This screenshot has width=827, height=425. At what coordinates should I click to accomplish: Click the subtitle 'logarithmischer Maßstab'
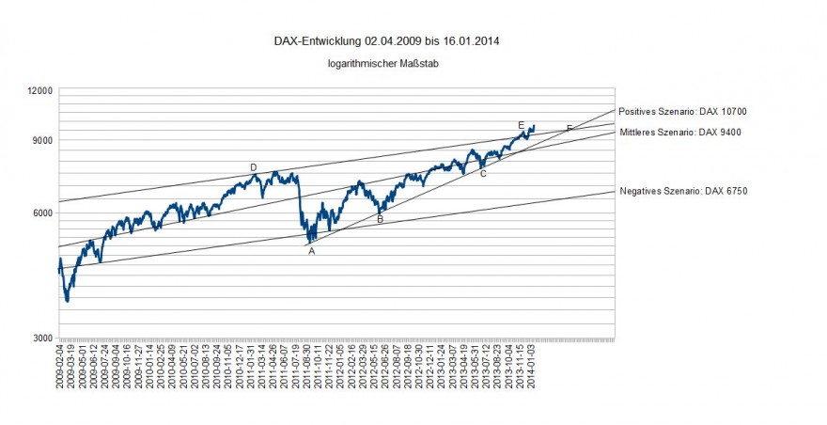pyautogui.click(x=384, y=64)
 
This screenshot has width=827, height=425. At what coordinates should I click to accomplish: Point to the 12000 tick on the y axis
pyautogui.click(x=39, y=90)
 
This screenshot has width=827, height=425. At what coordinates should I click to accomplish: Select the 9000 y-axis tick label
pyautogui.click(x=42, y=141)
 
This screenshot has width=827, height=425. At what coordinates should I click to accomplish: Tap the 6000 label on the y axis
pyautogui.click(x=42, y=213)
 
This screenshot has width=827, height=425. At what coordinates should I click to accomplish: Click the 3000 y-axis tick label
pyautogui.click(x=42, y=338)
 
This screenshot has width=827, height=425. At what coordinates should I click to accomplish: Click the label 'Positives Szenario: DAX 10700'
pyautogui.click(x=682, y=111)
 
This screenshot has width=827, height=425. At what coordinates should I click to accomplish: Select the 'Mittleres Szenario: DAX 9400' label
pyautogui.click(x=680, y=133)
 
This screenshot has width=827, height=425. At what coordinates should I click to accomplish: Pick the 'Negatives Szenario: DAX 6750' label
pyautogui.click(x=683, y=191)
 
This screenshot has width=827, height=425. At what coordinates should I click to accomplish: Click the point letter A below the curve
pyautogui.click(x=312, y=251)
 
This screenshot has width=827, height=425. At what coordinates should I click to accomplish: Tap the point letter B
pyautogui.click(x=380, y=219)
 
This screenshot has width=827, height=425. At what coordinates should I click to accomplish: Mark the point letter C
pyautogui.click(x=483, y=174)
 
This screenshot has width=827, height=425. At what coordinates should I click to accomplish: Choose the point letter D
pyautogui.click(x=254, y=167)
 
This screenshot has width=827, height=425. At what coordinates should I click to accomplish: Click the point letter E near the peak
pyautogui.click(x=521, y=125)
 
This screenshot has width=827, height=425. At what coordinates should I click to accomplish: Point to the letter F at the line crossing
pyautogui.click(x=570, y=128)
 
